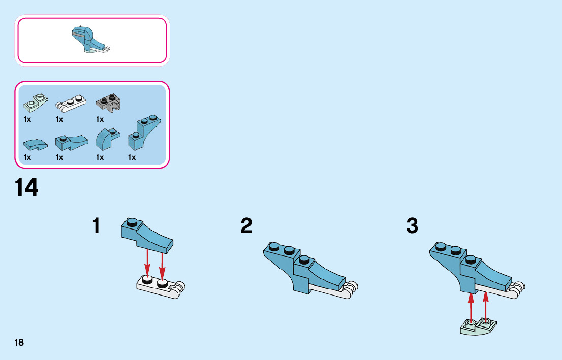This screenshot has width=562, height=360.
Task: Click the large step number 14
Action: [x=27, y=187]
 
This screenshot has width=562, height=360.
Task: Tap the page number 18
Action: [x=19, y=342]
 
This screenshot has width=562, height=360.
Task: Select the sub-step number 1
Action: [x=96, y=226]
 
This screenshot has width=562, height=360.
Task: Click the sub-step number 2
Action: [x=246, y=226]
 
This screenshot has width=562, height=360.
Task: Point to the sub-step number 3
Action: [x=412, y=226]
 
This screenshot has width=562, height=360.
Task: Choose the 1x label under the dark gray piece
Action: [x=100, y=119]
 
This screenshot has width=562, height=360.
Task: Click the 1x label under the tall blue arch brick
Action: [x=132, y=157]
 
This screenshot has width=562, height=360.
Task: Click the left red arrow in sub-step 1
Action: [x=147, y=262]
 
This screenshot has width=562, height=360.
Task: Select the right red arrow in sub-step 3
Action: [x=486, y=305]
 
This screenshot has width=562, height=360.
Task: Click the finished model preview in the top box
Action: [x=90, y=40]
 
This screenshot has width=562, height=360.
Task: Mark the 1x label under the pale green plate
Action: [x=27, y=119]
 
